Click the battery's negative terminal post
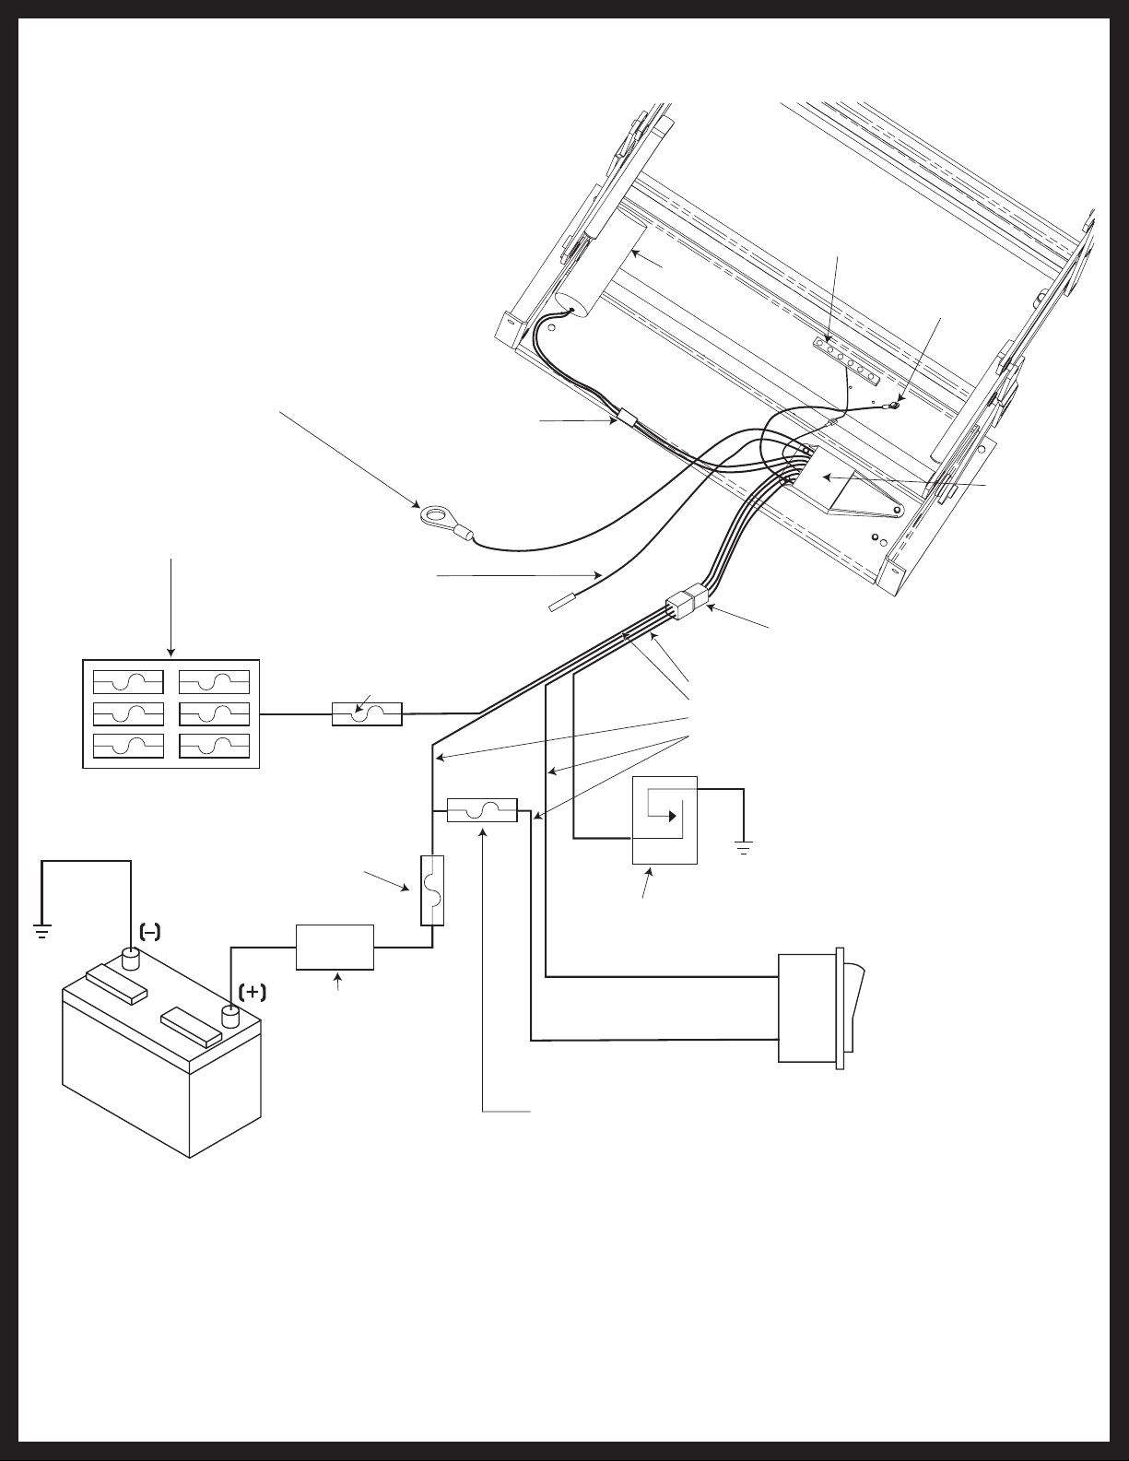click(x=130, y=960)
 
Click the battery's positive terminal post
click(x=230, y=1018)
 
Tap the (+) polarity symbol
click(x=252, y=993)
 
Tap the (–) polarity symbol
click(x=150, y=932)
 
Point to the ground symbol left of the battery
click(x=41, y=931)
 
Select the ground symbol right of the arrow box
click(x=743, y=847)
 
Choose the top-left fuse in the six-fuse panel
click(x=128, y=682)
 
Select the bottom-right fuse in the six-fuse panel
click(x=215, y=746)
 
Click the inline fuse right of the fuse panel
click(x=367, y=714)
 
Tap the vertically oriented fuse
click(x=432, y=890)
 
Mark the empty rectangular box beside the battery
click(x=335, y=948)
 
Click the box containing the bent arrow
click(x=664, y=820)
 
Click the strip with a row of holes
click(x=845, y=362)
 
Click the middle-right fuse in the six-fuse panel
click(x=215, y=714)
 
